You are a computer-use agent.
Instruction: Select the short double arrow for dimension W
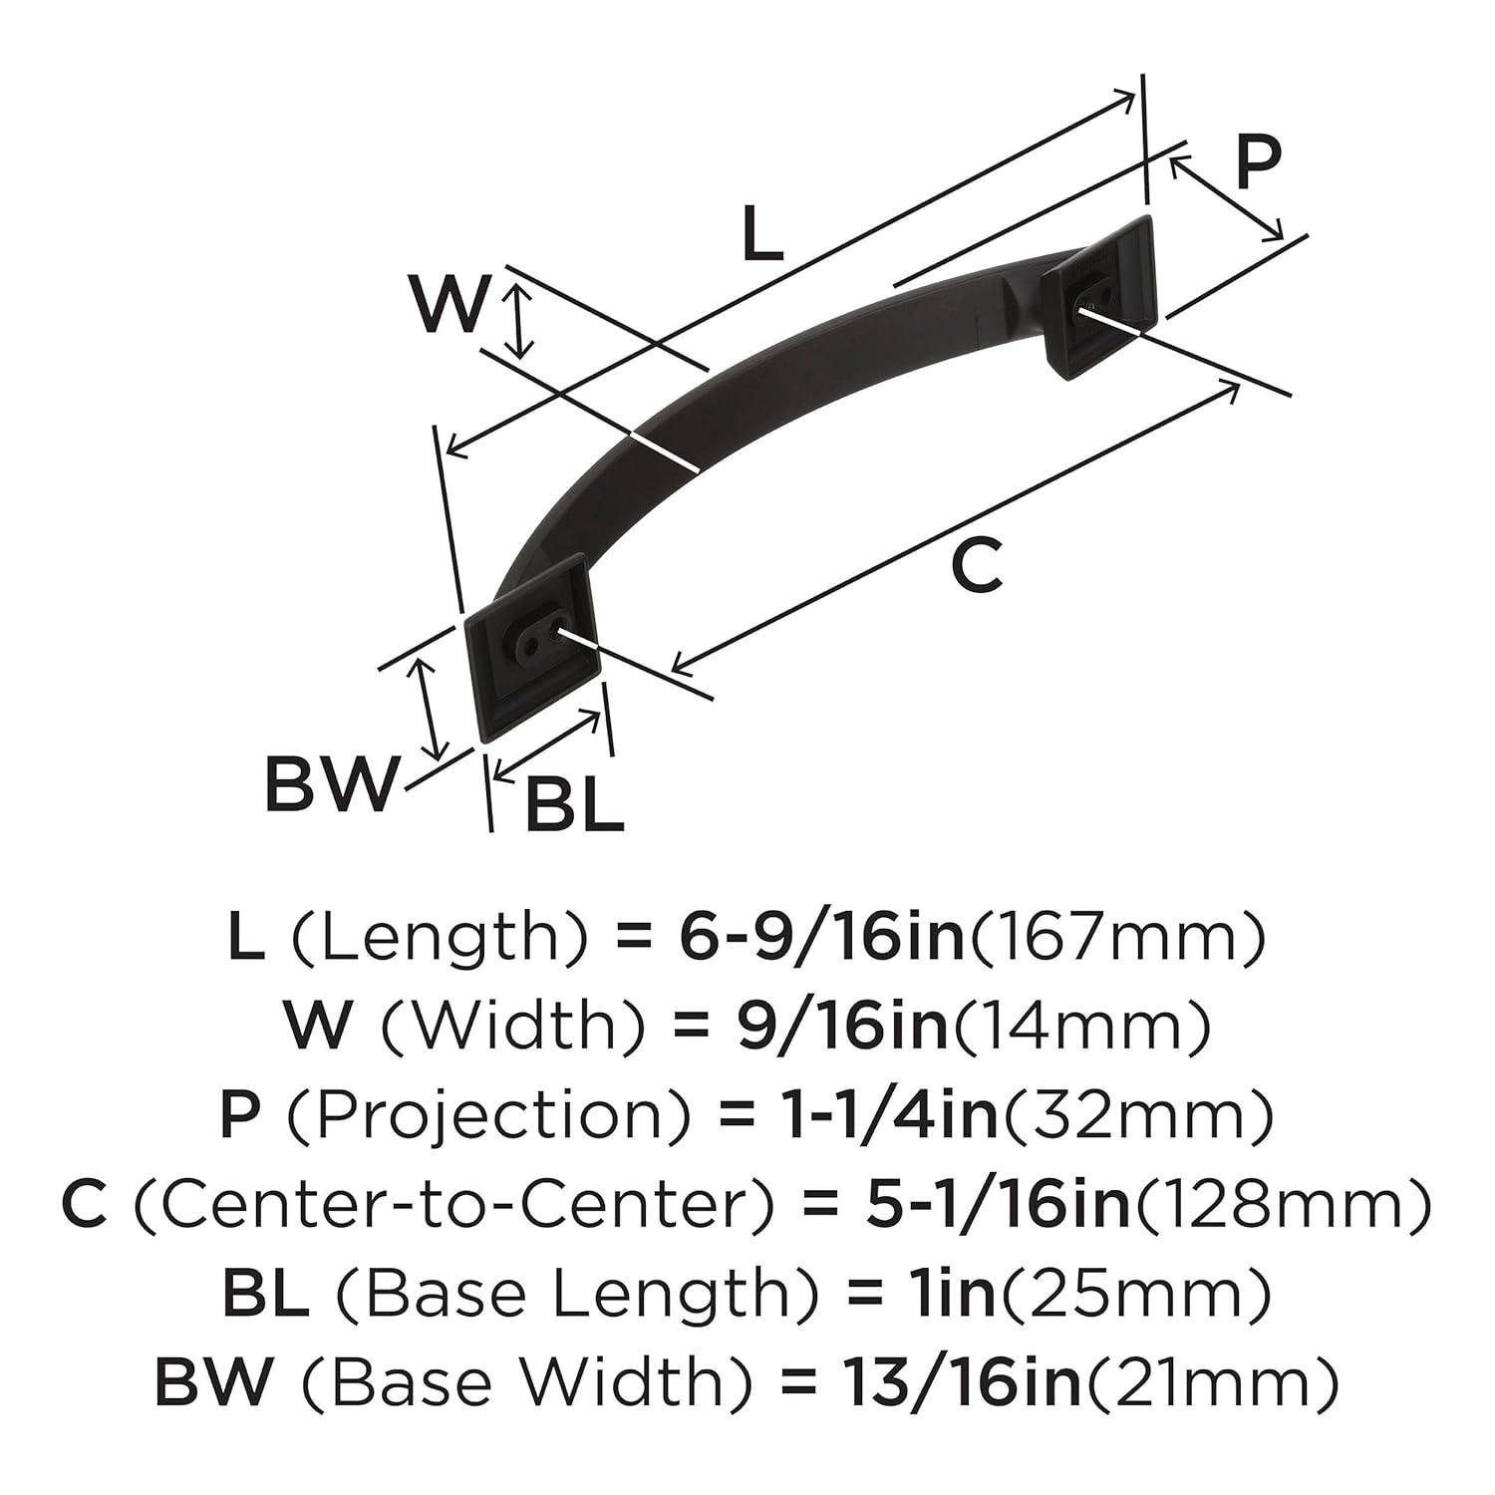(516, 320)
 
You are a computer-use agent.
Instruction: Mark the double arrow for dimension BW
(430, 711)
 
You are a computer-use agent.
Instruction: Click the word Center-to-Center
(452, 1204)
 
